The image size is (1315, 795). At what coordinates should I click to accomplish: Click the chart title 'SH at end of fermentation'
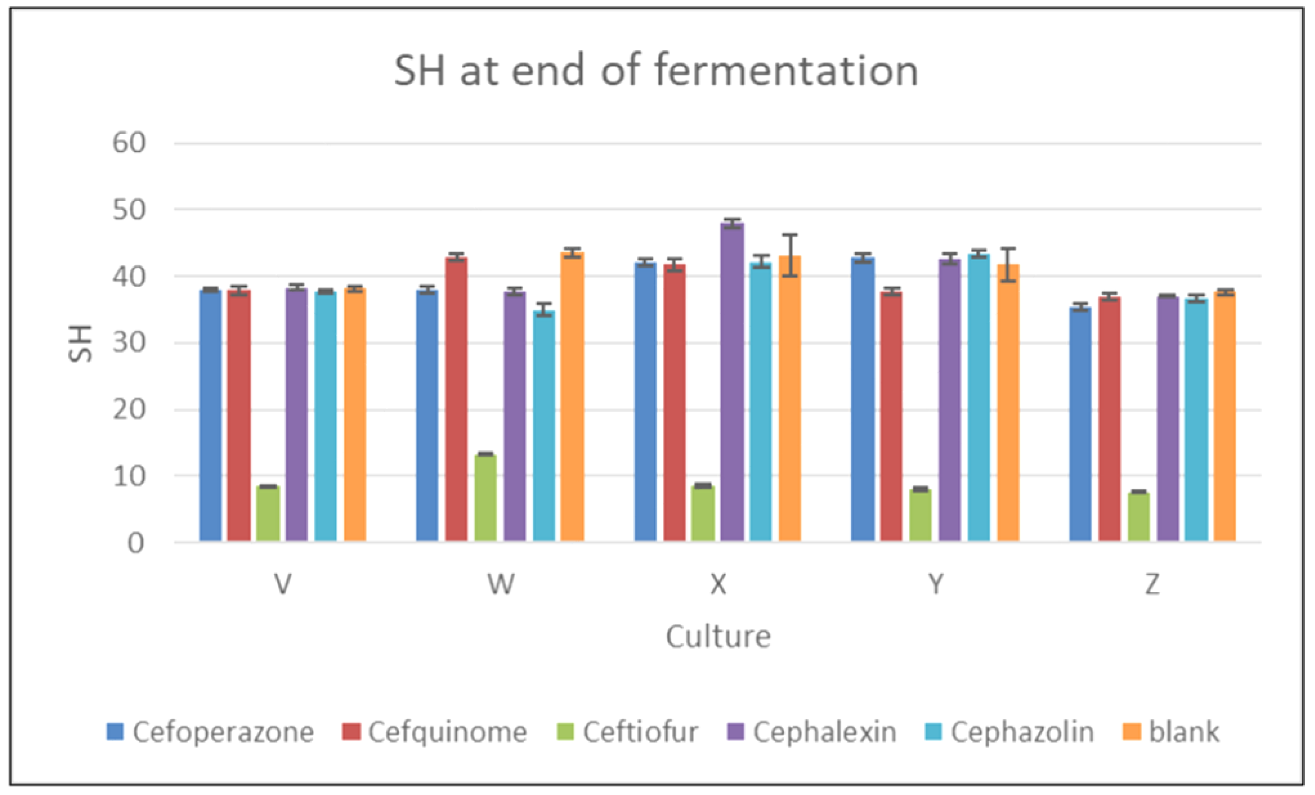pyautogui.click(x=655, y=71)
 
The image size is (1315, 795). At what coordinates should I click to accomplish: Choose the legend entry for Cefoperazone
pyautogui.click(x=211, y=732)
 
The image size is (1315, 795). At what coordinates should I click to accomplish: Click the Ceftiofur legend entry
pyautogui.click(x=627, y=732)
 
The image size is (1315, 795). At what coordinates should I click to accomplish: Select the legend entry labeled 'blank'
pyautogui.click(x=1171, y=732)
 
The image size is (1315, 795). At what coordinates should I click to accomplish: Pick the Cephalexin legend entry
pyautogui.click(x=812, y=732)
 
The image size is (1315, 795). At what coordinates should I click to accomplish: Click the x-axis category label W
pyautogui.click(x=501, y=584)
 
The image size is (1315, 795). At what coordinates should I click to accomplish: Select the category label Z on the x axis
pyautogui.click(x=1153, y=584)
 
